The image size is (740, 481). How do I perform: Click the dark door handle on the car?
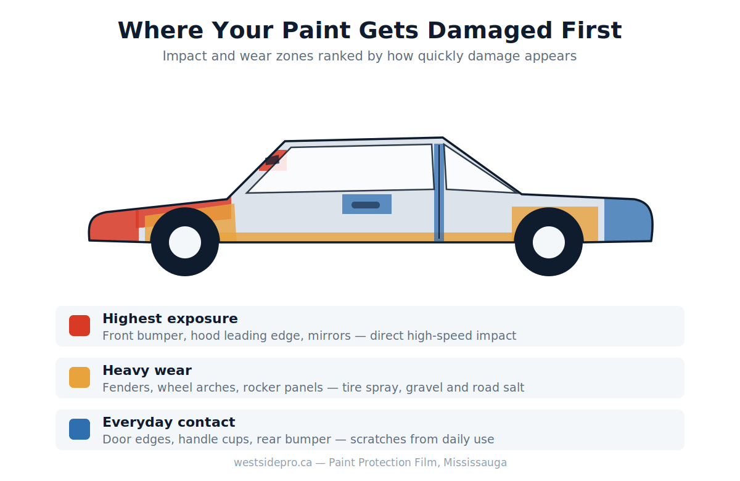click(365, 205)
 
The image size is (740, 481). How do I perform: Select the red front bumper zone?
click(114, 226)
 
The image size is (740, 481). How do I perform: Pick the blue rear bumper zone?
click(628, 220)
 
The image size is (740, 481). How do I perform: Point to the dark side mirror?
click(272, 160)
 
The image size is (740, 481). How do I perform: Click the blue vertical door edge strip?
click(438, 192)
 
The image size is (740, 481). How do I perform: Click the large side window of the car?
click(340, 169)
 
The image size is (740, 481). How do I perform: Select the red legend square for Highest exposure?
click(80, 326)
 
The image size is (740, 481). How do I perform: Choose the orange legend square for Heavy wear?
click(80, 377)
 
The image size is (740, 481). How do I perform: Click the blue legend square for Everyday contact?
click(80, 429)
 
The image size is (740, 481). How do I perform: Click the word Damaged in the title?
click(490, 31)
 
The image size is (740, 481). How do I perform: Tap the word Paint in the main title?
click(316, 30)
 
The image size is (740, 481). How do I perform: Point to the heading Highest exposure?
click(170, 319)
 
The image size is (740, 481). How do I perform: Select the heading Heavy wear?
click(147, 371)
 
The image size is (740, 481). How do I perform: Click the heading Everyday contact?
click(169, 422)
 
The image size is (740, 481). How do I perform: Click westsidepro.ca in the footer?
click(273, 462)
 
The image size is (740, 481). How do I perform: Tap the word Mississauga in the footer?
click(475, 462)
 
